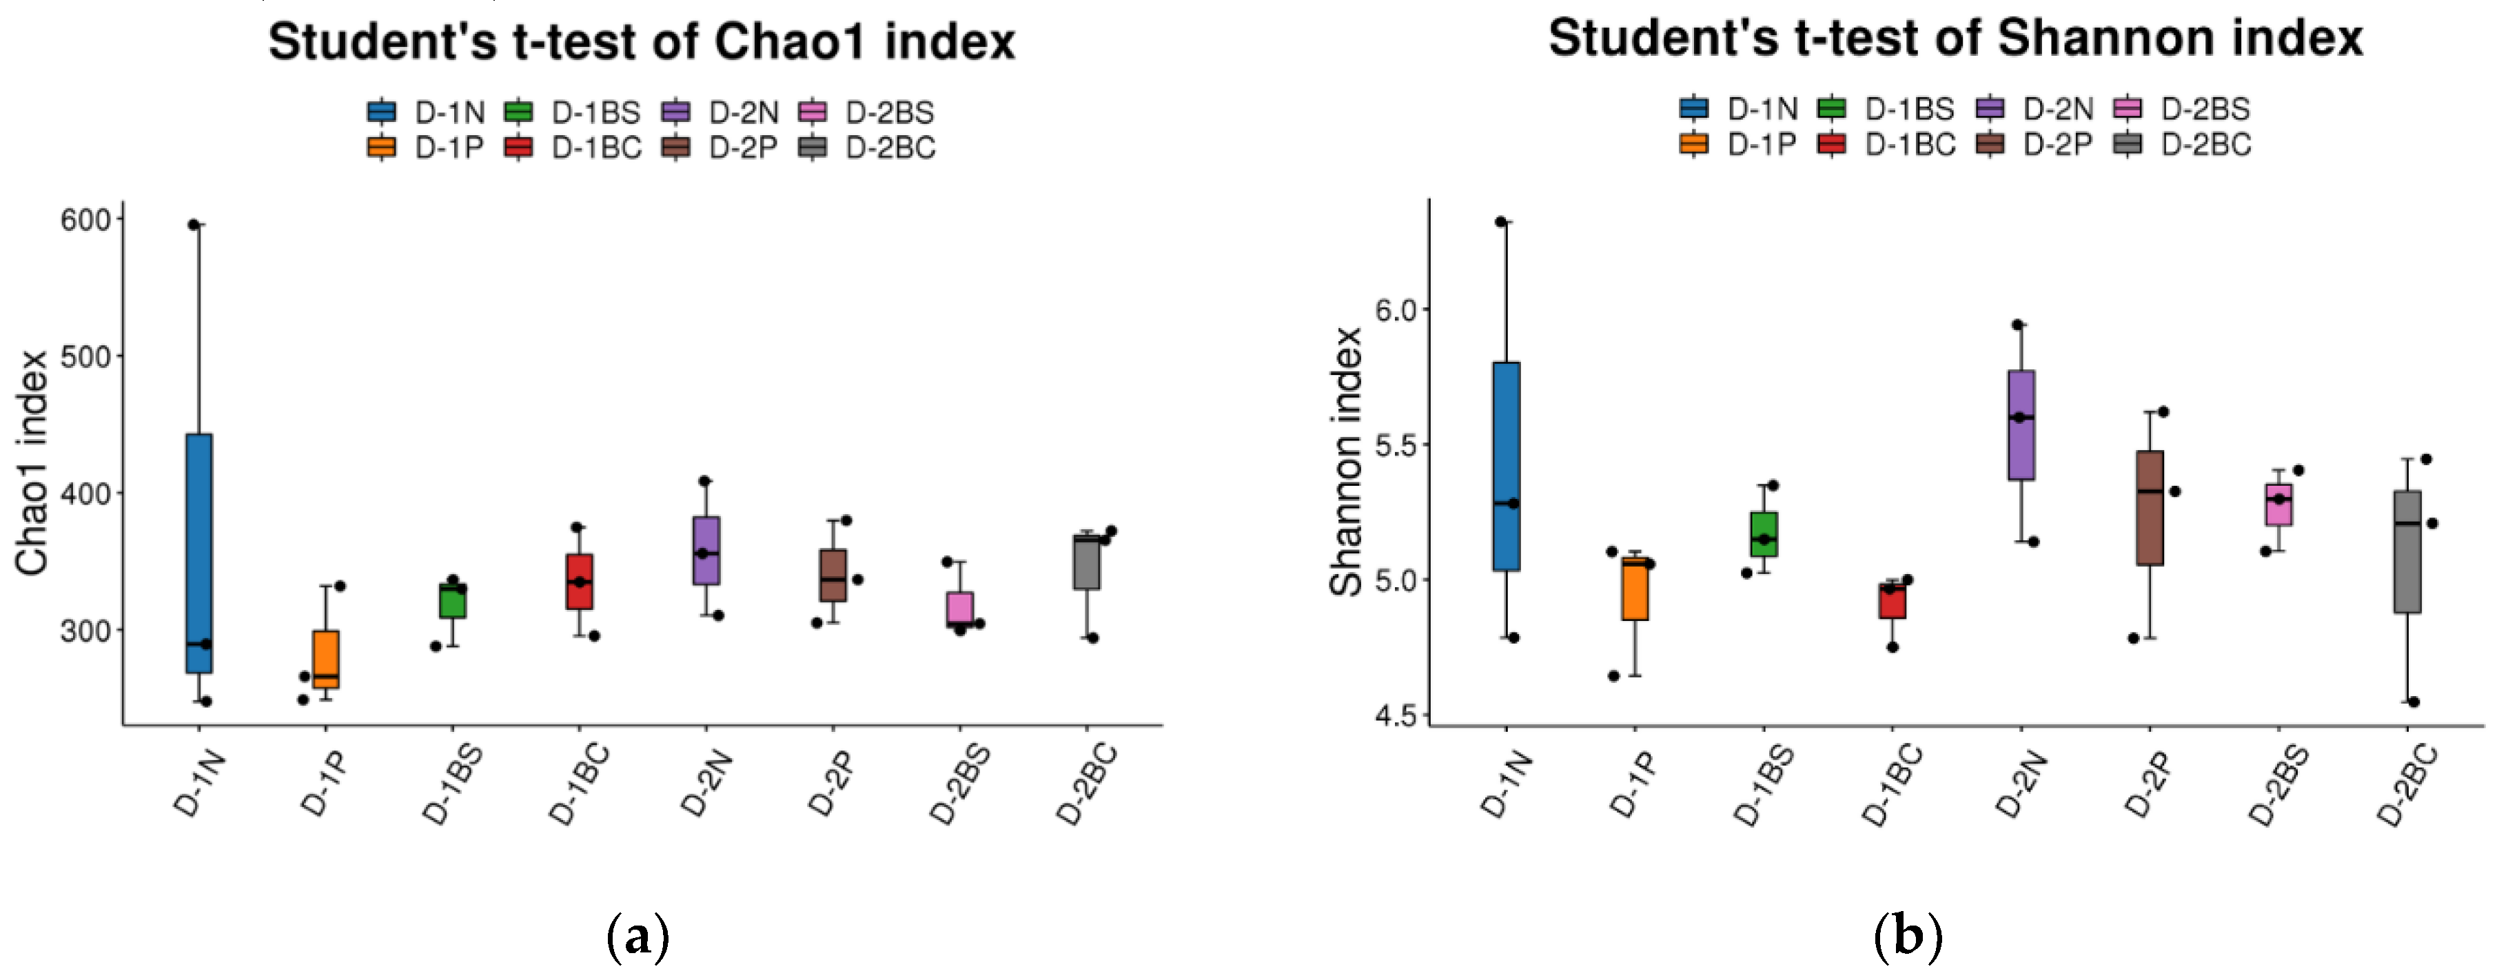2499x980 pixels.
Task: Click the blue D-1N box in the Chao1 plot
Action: (x=199, y=553)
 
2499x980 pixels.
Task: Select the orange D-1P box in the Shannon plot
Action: (x=1635, y=589)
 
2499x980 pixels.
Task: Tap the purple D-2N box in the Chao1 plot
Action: (x=706, y=550)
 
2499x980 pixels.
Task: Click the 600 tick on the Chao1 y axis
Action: (x=85, y=221)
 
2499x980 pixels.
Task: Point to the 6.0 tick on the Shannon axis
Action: (x=1396, y=309)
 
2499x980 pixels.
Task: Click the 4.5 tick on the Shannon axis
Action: (x=1396, y=715)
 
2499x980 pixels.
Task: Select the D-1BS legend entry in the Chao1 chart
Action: (x=572, y=112)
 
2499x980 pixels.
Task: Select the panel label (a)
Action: (x=637, y=937)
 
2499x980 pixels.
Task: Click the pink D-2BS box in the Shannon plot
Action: (x=2278, y=504)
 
